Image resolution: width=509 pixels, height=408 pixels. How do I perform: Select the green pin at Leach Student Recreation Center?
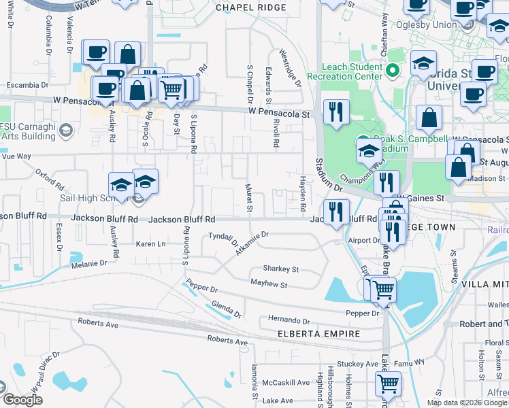392,69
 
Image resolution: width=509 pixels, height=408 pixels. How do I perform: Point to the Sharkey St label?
280,269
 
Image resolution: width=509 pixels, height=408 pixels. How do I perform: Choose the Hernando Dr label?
289,320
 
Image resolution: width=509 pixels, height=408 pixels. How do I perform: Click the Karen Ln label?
150,243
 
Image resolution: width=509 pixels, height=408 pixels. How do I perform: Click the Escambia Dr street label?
28,86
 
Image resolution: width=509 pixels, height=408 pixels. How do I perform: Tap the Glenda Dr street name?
227,309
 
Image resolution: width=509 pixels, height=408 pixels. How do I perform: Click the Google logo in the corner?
22,400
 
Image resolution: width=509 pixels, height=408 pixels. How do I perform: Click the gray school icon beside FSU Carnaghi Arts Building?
66,130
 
